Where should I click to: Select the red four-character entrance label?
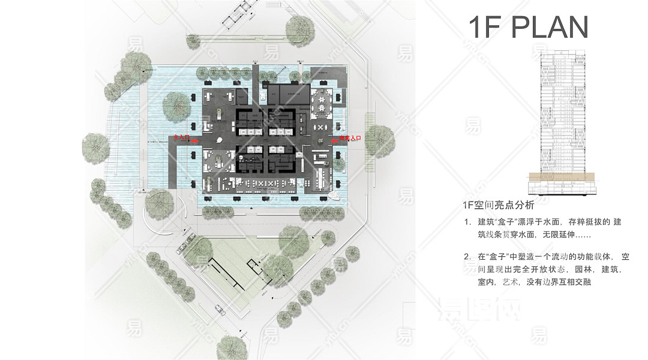350,138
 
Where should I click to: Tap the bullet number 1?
467,222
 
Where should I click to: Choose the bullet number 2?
467,257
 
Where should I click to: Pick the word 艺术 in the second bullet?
511,281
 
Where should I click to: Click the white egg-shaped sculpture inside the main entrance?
218,142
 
